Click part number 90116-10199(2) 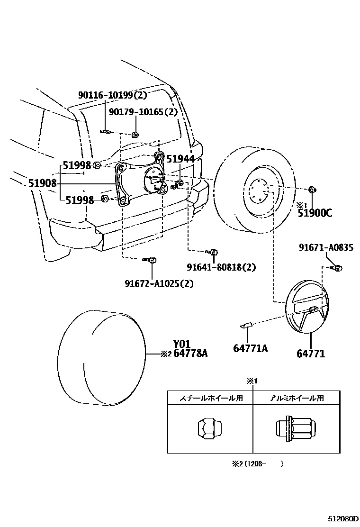[x=113, y=95]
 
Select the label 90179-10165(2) [x=143, y=112]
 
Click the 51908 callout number [x=42, y=183]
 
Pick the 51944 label [x=180, y=159]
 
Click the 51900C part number [x=315, y=213]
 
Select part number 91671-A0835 [x=326, y=247]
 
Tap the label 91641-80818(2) [x=221, y=267]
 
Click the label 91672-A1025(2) [x=159, y=283]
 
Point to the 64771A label [x=250, y=349]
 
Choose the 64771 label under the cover [x=311, y=354]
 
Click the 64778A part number [x=190, y=353]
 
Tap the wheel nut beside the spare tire [x=312, y=191]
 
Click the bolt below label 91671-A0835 [x=337, y=268]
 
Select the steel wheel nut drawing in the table [x=209, y=428]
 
